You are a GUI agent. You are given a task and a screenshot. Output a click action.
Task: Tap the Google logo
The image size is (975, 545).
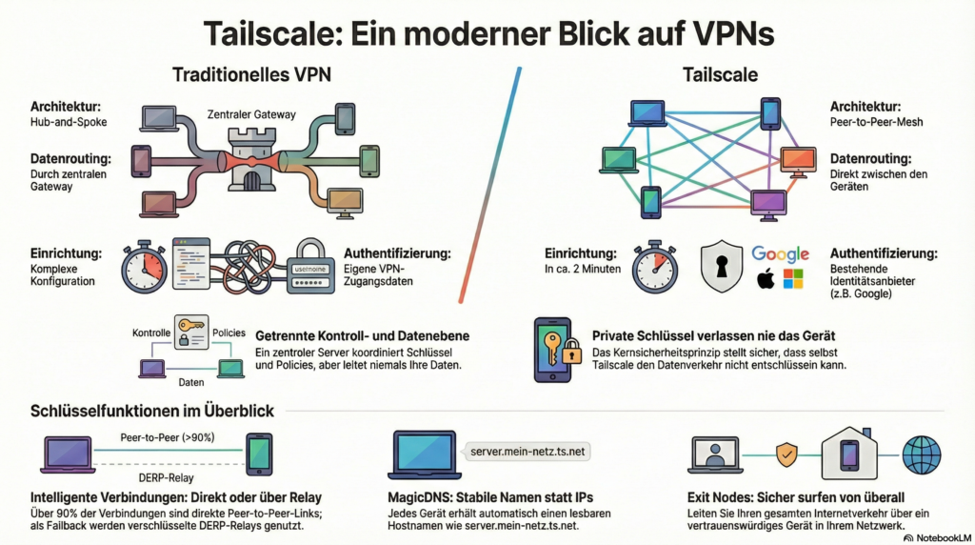(780, 253)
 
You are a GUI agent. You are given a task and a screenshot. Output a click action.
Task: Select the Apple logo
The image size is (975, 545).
(764, 279)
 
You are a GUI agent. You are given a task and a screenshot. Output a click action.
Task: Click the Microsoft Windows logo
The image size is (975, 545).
(793, 279)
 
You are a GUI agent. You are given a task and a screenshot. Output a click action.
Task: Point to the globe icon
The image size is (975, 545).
(921, 455)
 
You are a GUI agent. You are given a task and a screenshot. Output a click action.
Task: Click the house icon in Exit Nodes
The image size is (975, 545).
(849, 453)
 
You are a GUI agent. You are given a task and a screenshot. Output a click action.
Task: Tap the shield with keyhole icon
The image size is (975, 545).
(721, 266)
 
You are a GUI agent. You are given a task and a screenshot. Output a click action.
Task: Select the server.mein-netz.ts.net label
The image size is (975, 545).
(527, 449)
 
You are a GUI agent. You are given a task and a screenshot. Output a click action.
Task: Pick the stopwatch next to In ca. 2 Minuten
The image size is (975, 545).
(655, 266)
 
